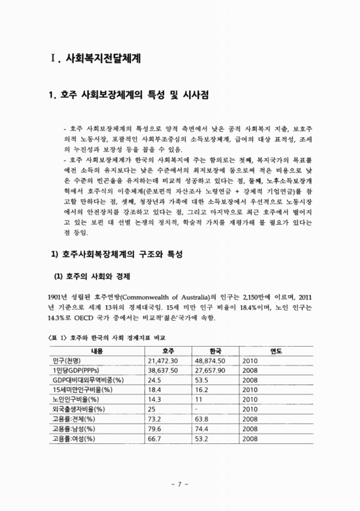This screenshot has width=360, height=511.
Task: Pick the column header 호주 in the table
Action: [x=168, y=351]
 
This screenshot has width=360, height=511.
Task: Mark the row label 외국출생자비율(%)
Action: [x=79, y=409]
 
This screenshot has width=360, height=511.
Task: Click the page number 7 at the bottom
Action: [x=180, y=484]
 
